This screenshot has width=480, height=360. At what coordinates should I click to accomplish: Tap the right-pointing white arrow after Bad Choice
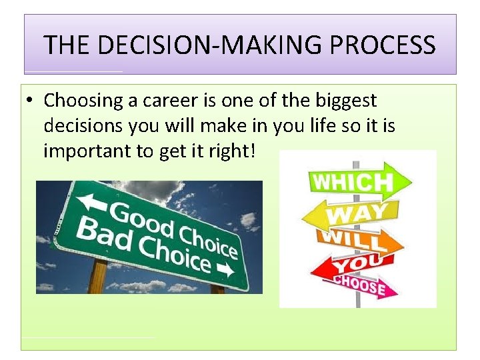tap(225, 270)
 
